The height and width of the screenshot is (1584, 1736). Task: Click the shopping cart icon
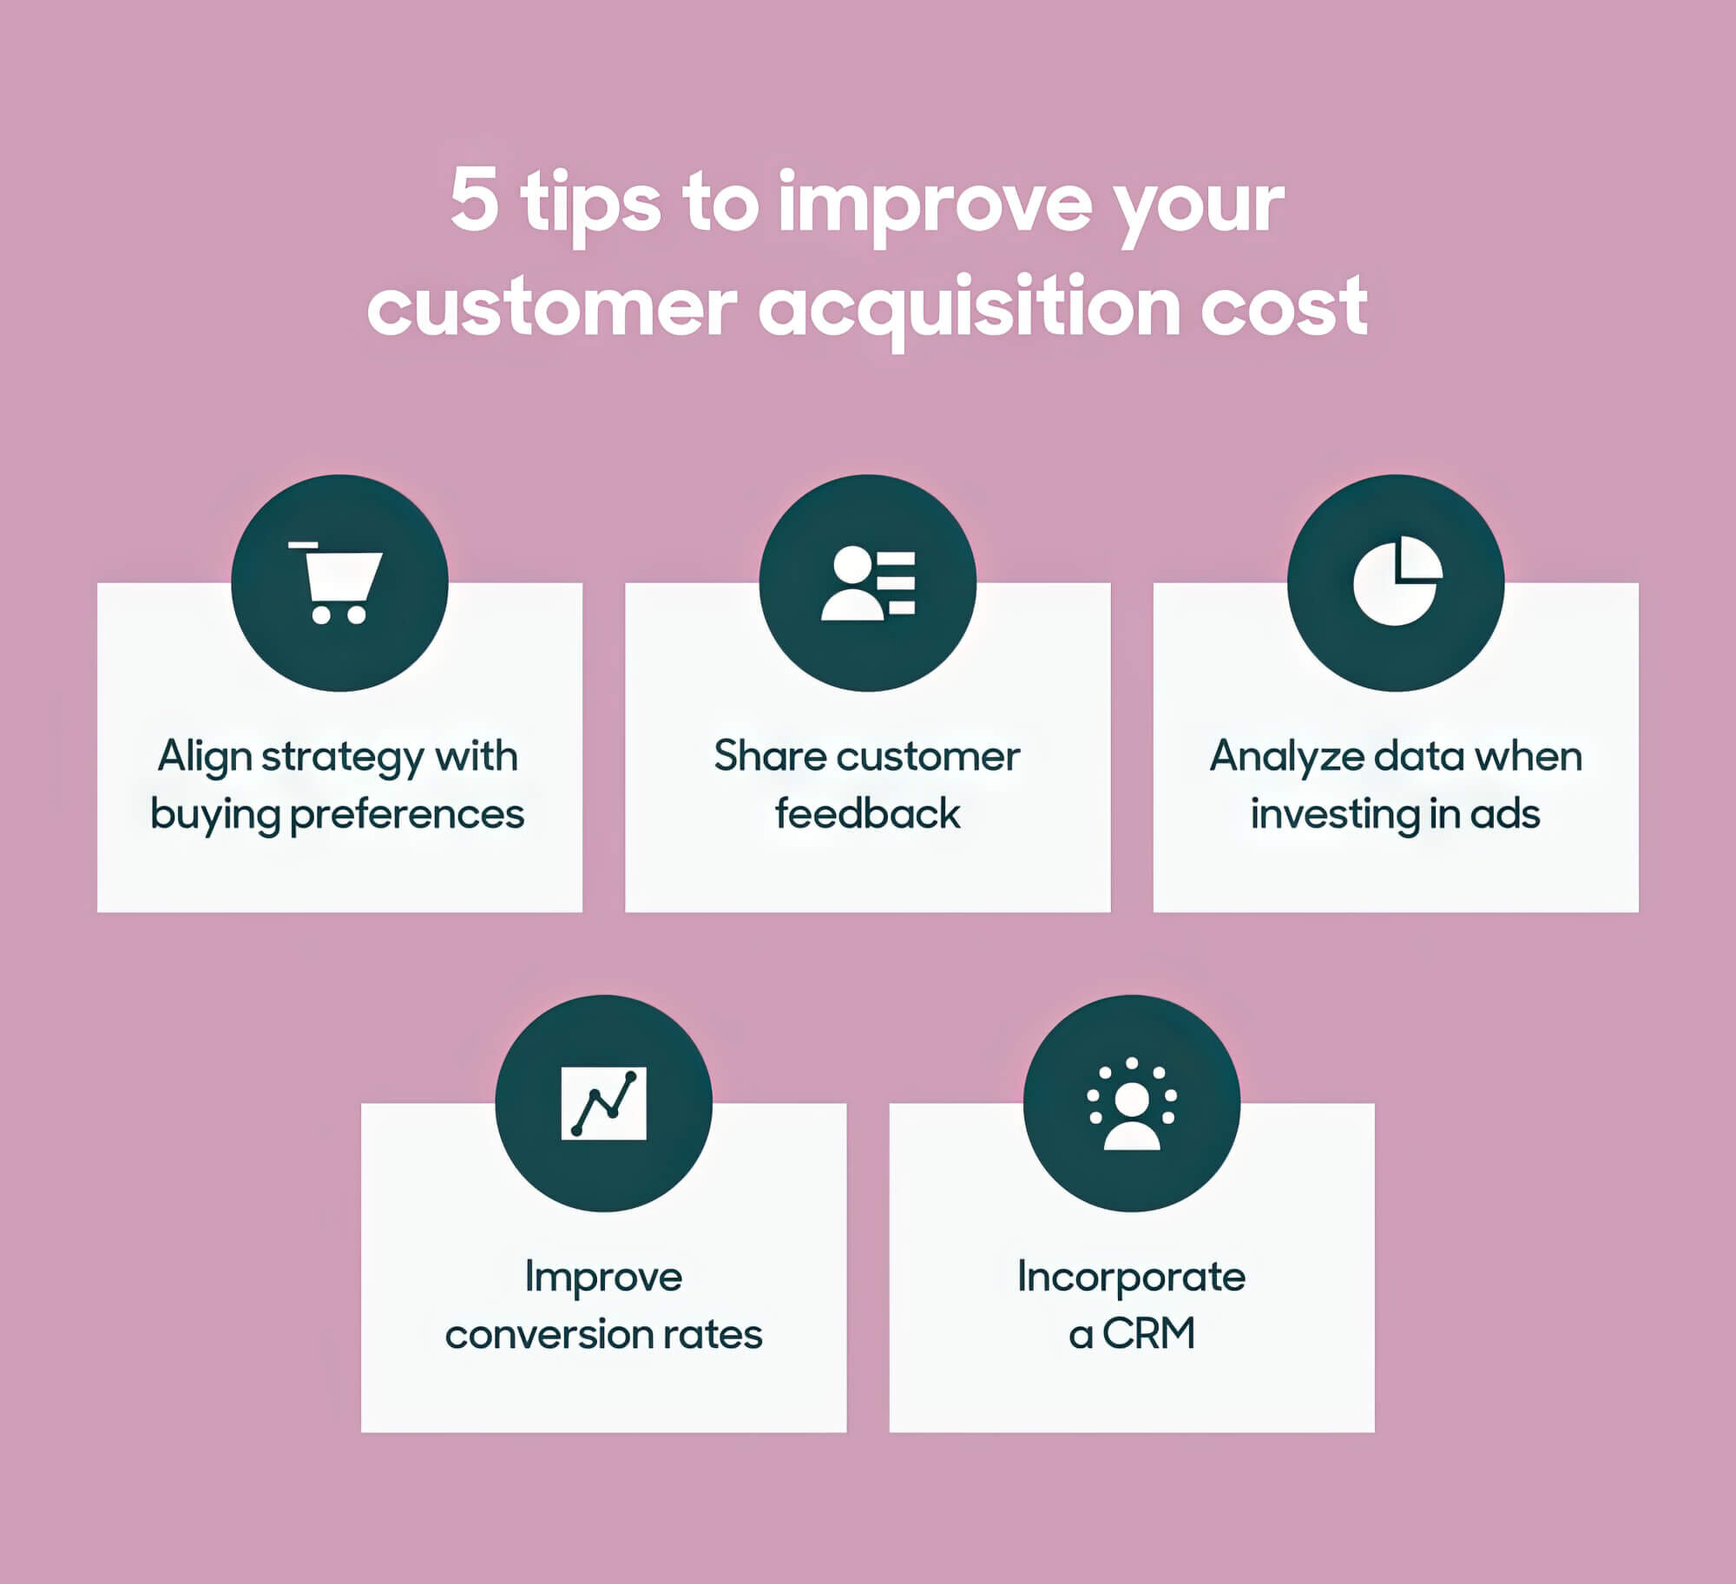pyautogui.click(x=339, y=582)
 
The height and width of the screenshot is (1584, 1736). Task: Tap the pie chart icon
pyautogui.click(x=1397, y=581)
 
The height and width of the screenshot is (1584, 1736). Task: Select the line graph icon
pyautogui.click(x=604, y=1103)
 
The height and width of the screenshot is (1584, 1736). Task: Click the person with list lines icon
pyautogui.click(x=868, y=582)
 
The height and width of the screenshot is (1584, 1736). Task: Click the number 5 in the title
pyautogui.click(x=475, y=201)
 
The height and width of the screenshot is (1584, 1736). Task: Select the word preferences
pyautogui.click(x=407, y=815)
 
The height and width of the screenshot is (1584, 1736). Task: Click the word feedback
pyautogui.click(x=868, y=814)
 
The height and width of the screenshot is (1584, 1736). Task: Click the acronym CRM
pyautogui.click(x=1149, y=1334)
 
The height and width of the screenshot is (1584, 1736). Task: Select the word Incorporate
pyautogui.click(x=1132, y=1278)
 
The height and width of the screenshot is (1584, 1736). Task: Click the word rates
pyautogui.click(x=713, y=1335)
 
